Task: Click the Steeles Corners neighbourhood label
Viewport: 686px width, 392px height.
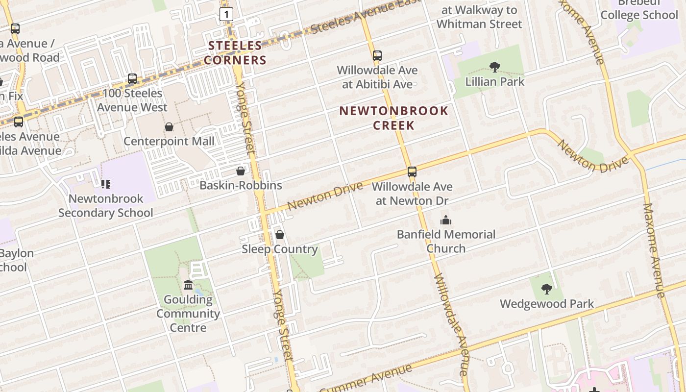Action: click(x=235, y=53)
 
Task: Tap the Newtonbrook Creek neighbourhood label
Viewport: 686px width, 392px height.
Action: click(x=394, y=118)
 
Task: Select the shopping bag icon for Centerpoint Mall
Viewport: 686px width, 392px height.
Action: click(x=169, y=127)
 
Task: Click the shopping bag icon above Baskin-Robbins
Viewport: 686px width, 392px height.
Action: click(x=241, y=171)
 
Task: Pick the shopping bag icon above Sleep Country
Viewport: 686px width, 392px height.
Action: click(x=280, y=235)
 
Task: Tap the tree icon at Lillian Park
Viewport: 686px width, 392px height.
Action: click(x=495, y=67)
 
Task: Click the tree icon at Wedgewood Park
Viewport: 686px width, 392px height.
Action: click(x=547, y=289)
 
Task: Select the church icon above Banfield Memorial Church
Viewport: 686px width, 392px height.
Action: click(x=445, y=220)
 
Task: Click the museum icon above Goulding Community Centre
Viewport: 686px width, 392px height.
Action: click(x=188, y=285)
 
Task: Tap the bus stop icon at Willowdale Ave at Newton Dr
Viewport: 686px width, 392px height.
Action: click(x=412, y=172)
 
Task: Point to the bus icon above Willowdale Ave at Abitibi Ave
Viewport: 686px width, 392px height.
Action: click(x=377, y=56)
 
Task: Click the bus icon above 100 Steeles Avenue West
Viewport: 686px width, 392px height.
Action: click(x=132, y=78)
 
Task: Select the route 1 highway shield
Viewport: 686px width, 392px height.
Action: click(x=226, y=14)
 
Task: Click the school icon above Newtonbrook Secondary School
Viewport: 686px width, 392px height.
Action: click(x=106, y=184)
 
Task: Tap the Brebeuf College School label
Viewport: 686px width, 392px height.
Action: click(x=639, y=10)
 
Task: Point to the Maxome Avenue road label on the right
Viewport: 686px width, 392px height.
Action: click(x=655, y=250)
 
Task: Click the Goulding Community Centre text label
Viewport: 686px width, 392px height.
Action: click(x=188, y=314)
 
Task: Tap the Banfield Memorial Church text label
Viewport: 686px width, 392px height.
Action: click(x=446, y=241)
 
